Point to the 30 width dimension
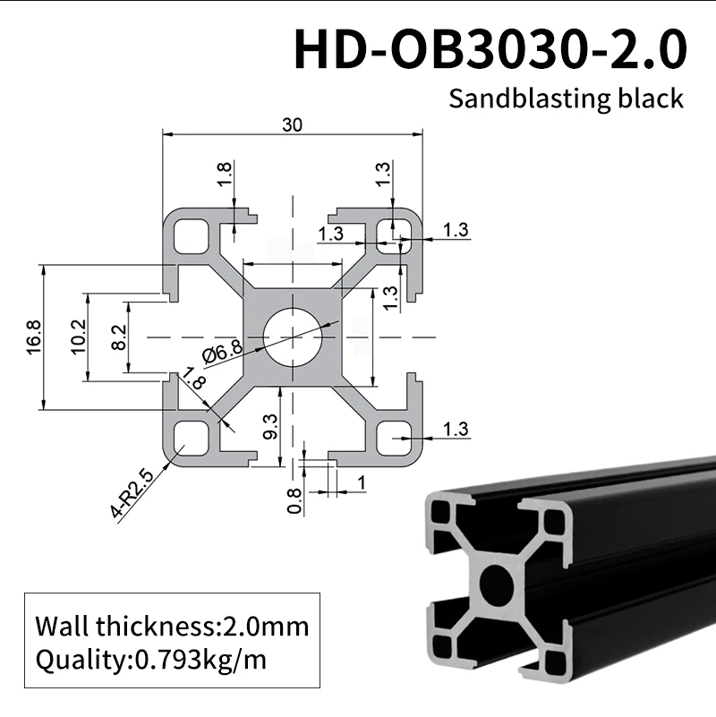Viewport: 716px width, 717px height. coord(292,125)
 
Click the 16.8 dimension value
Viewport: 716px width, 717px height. coord(34,337)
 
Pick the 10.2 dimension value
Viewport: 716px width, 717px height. coord(77,337)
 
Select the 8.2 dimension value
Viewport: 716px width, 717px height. coord(120,337)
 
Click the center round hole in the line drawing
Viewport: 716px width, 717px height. coord(291,337)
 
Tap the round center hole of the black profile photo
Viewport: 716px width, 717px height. coord(495,585)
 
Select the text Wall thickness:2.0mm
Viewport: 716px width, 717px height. coord(171,625)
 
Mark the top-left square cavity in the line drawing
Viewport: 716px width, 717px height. coord(191,235)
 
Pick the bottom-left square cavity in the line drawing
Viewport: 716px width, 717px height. coord(191,438)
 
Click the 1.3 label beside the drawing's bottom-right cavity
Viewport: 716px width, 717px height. coord(456,430)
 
